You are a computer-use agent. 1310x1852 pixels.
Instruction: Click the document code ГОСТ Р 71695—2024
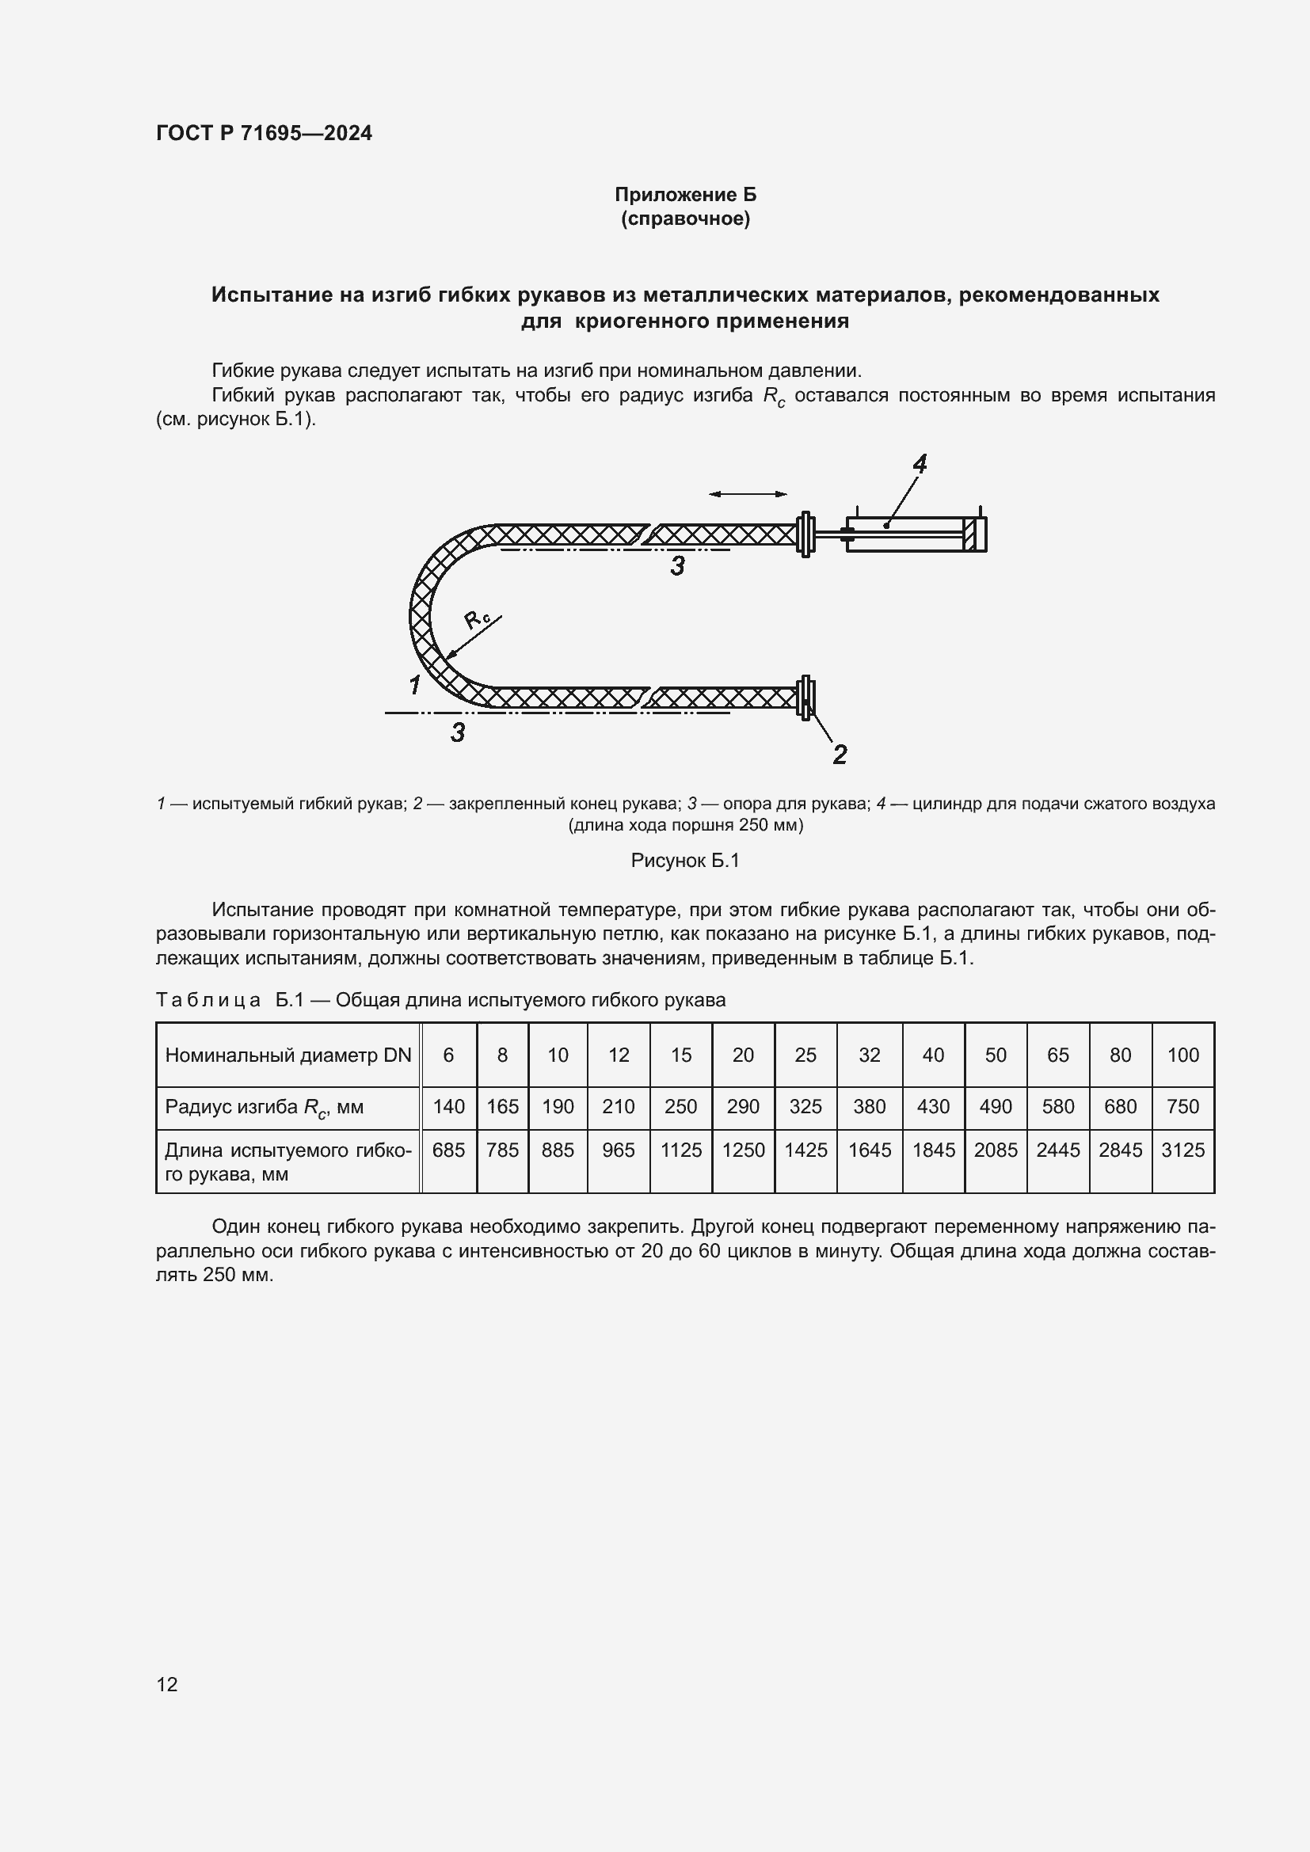pos(264,133)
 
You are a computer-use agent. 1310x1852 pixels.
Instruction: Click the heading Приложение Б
pos(685,195)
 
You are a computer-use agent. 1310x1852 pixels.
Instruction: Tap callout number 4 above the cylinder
pos(920,464)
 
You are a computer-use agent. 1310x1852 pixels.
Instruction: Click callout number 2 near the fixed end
pos(840,755)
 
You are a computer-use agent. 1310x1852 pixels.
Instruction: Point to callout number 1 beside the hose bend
pos(414,686)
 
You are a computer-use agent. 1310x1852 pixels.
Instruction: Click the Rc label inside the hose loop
pos(477,619)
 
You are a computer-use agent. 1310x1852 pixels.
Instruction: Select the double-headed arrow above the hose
pos(748,493)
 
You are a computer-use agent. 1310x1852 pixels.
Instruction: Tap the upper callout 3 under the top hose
pos(678,566)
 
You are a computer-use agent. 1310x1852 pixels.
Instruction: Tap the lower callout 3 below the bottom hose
pos(457,732)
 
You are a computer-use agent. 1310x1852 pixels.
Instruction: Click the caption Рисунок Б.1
pos(685,861)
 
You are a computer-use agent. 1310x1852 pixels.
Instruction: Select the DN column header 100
pos(1182,1055)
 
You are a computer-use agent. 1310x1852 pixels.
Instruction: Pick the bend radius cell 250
pos(681,1107)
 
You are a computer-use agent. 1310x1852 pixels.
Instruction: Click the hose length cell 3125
pos(1182,1150)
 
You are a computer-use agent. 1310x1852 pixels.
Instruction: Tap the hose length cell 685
pos(448,1150)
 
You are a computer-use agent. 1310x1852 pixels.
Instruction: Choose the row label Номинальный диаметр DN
pos(288,1055)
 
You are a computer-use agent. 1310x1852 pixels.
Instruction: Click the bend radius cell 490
pos(996,1107)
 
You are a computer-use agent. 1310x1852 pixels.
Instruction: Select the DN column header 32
pos(870,1055)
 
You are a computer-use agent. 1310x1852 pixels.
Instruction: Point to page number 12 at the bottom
pos(167,1684)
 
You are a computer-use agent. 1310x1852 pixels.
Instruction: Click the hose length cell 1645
pos(870,1150)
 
